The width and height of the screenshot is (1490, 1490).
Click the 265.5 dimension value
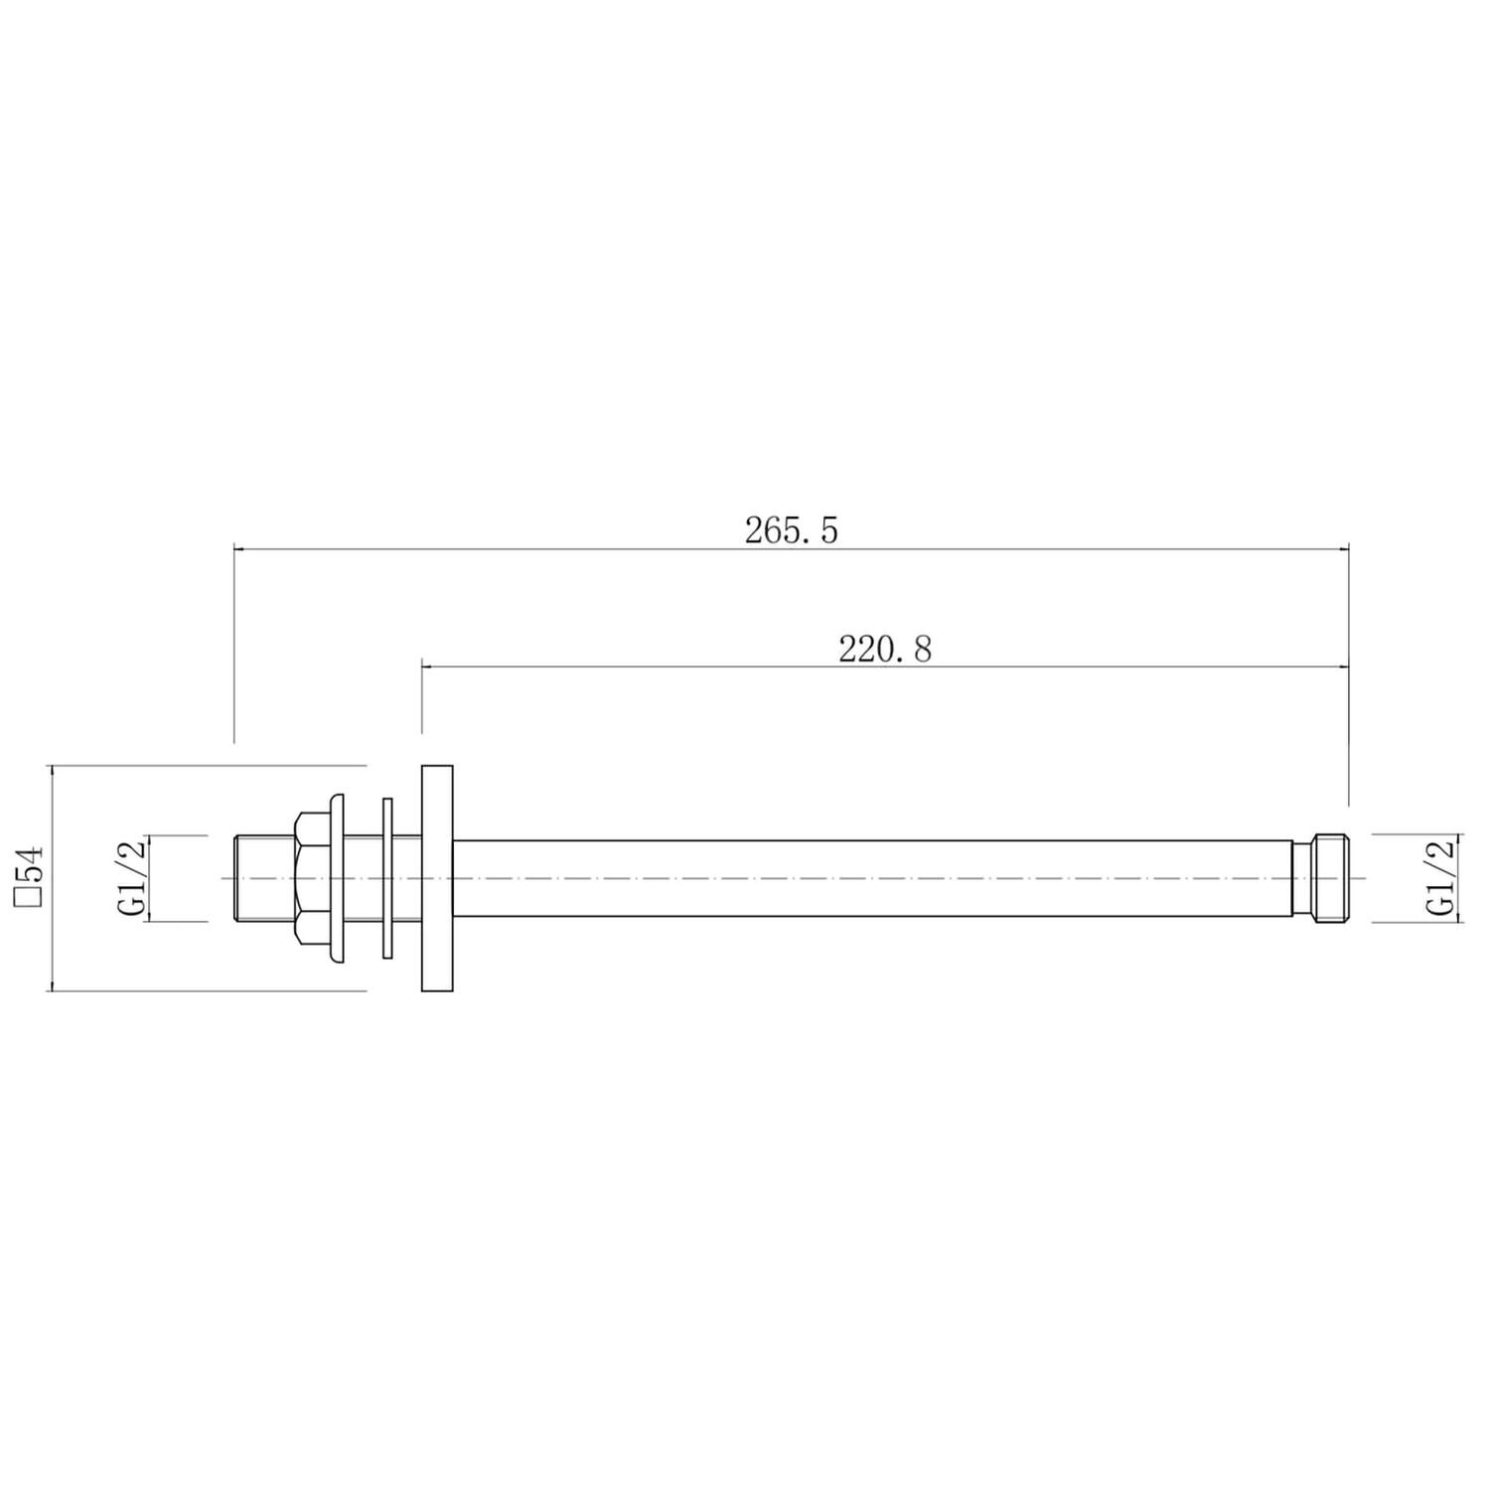coord(792,530)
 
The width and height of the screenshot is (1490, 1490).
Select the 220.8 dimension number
coord(885,650)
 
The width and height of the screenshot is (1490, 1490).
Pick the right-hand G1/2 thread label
coord(1439,878)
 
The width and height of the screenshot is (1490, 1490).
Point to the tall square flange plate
coord(437,878)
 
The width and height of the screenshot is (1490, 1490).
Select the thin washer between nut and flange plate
coord(388,878)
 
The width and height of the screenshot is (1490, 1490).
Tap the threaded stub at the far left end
coord(264,878)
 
